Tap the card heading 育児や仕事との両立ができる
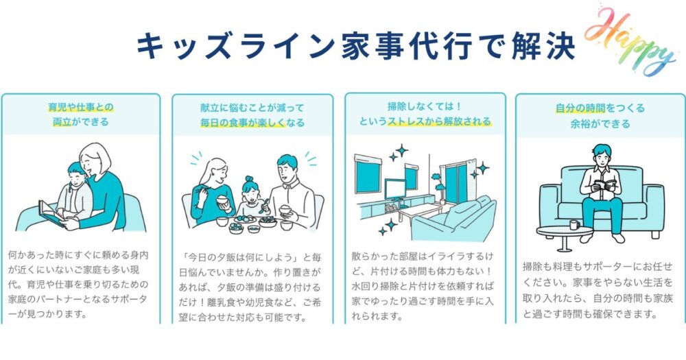[81, 115]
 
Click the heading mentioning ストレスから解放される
[425, 115]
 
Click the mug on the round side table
[573, 224]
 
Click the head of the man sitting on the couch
[601, 154]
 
